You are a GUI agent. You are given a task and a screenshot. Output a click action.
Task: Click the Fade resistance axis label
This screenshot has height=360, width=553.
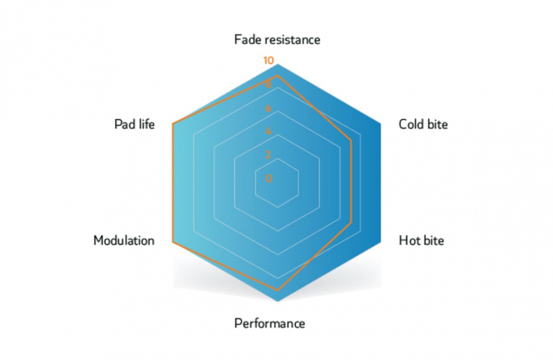point(277,40)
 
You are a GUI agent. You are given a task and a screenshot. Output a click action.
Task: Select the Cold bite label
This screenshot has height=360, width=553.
point(423,124)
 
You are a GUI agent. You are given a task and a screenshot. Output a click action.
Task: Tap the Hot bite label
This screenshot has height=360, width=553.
point(421,241)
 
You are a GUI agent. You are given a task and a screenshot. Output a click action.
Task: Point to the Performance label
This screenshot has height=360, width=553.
point(270,323)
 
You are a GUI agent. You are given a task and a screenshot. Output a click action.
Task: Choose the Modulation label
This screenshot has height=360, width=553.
point(124,241)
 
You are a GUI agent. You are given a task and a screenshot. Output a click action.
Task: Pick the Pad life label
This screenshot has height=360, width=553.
point(135,124)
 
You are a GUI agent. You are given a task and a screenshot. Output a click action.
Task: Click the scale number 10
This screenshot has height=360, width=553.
point(269,61)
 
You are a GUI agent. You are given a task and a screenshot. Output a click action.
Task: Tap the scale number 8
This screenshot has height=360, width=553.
point(269,85)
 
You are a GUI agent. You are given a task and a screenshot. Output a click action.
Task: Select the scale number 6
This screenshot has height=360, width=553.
point(269,108)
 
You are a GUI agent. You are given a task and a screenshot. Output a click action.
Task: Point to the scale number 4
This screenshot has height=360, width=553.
point(269,131)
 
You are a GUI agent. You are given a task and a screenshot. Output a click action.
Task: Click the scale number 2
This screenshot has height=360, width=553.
point(269,155)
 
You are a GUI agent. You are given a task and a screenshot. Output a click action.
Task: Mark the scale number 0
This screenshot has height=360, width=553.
point(269,178)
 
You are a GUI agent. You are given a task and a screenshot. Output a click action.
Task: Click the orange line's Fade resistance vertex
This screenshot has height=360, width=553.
point(278,76)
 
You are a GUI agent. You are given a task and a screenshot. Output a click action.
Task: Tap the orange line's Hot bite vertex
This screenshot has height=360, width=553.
point(351,223)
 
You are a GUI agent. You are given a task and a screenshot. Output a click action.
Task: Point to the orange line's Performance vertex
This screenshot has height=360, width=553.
point(278,290)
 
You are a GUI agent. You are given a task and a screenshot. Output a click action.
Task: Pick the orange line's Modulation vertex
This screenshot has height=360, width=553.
point(173,242)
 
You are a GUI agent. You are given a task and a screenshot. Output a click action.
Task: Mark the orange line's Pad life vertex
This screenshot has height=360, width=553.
point(173,123)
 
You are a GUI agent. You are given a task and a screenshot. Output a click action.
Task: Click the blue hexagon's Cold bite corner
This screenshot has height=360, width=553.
point(381,123)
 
